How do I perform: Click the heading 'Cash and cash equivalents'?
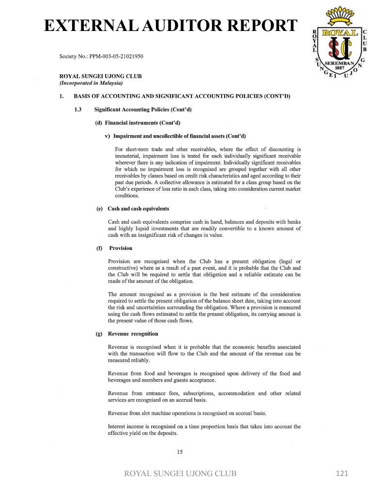[x=138, y=209]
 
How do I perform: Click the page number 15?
[x=180, y=452]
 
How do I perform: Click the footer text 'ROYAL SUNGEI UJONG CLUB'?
[x=181, y=474]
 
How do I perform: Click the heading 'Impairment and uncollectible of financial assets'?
[x=179, y=136]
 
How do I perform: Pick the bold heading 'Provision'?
[x=121, y=248]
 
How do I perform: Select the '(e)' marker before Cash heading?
[x=100, y=209]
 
